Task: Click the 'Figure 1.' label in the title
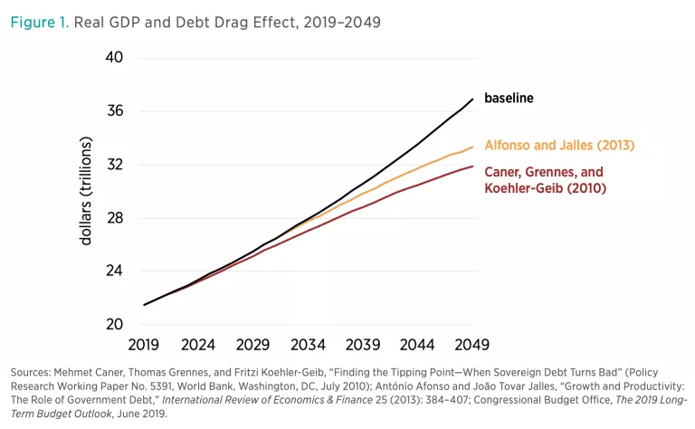[x=37, y=23]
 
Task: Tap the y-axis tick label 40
[x=115, y=58]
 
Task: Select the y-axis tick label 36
[x=115, y=111]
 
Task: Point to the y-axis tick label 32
[x=115, y=165]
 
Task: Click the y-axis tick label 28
[x=115, y=218]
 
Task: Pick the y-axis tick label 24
[x=115, y=272]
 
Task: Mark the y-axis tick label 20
[x=115, y=324]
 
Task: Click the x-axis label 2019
[x=144, y=345]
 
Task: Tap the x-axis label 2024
[x=198, y=345]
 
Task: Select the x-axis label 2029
[x=253, y=345]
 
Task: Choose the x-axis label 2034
[x=309, y=345]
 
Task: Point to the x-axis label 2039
[x=363, y=345]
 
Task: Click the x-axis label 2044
[x=418, y=345]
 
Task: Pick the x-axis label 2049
[x=472, y=345]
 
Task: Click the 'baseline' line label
[x=509, y=98]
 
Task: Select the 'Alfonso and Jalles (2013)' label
[x=559, y=145]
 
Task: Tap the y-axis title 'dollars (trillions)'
[x=87, y=191]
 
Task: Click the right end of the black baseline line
[x=473, y=99]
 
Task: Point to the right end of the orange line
[x=473, y=147]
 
